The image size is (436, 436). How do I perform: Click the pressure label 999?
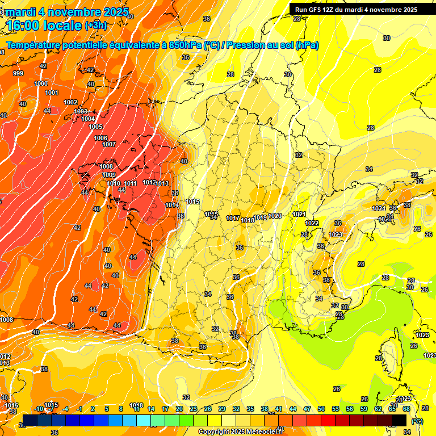18,73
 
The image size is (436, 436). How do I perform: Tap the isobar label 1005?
95,127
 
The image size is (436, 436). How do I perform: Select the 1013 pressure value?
162,183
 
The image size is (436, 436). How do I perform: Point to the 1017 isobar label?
233,219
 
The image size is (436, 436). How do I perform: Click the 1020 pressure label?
275,216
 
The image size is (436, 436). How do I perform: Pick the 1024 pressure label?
379,208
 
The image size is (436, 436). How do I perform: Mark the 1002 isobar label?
70,102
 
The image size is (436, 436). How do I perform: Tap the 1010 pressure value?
114,183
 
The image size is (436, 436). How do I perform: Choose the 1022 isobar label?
312,223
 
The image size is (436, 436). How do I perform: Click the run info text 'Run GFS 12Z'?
313,10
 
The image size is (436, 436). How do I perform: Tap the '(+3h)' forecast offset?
95,26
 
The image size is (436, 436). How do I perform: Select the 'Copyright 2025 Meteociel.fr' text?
240,432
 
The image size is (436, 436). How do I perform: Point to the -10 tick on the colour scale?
39,409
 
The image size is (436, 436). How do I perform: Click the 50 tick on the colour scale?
321,409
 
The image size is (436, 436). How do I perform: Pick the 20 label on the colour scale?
179,409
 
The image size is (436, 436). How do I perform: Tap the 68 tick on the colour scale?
406,409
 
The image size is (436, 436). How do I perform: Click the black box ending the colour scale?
399,420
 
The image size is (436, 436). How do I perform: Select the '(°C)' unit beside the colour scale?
417,421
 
